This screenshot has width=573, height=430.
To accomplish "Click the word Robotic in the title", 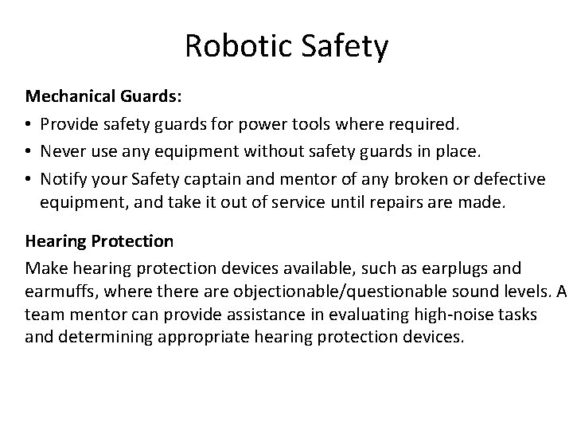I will pos(238,46).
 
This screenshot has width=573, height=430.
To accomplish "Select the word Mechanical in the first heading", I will pos(70,97).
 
